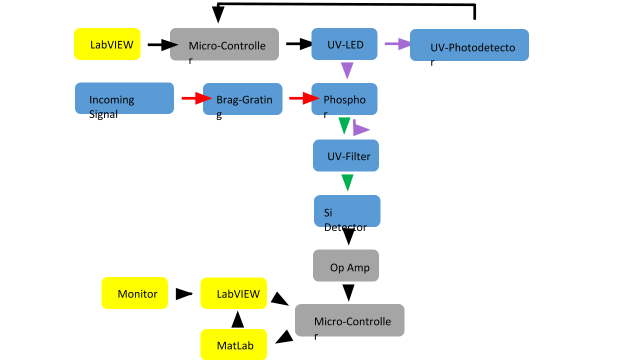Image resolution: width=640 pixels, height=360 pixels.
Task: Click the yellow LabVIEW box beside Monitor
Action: tap(233, 293)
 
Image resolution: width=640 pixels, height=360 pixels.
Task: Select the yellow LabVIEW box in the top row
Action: tap(107, 44)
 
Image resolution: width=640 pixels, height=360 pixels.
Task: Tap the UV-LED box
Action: tap(344, 44)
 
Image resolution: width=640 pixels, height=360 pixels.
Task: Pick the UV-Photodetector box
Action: tap(469, 45)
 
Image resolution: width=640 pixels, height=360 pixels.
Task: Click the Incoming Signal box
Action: tap(124, 98)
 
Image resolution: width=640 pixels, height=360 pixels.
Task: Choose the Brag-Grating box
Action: tap(242, 99)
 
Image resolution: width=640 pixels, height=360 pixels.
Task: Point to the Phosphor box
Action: tap(344, 99)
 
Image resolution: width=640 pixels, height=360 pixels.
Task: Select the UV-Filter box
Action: tap(346, 155)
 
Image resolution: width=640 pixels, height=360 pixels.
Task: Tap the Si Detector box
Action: tap(347, 210)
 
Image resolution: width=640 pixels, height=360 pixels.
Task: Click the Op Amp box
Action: tap(346, 265)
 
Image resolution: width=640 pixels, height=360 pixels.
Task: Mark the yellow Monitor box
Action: tap(134, 293)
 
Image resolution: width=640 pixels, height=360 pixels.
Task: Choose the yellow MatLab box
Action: tap(233, 344)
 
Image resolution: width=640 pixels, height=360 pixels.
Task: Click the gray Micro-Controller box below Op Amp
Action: tap(349, 320)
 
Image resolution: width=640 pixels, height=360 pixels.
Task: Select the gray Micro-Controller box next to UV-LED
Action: tap(224, 44)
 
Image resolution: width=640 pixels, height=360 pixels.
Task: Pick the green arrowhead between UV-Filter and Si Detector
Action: tap(347, 182)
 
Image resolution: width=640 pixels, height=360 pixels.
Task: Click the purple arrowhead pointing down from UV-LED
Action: tap(347, 70)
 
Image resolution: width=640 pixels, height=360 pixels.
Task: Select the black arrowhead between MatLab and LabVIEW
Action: tap(238, 319)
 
